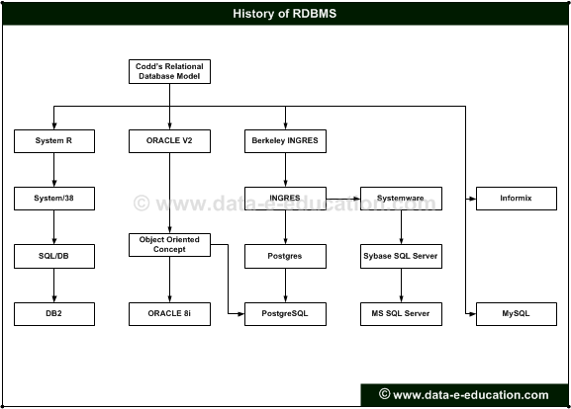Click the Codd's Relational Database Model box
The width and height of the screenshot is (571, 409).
pos(169,71)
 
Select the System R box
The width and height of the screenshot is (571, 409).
pos(54,141)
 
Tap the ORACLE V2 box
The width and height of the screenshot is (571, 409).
pos(169,141)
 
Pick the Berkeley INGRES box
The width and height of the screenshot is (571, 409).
pos(285,141)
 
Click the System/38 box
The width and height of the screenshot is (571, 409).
pos(54,199)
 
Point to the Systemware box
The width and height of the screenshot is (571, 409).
pos(402,199)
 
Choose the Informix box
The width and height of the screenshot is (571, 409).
pos(517,199)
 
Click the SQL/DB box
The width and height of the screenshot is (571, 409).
pos(54,256)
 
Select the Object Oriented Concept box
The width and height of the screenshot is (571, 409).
pos(169,245)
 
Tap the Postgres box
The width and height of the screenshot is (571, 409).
pos(285,256)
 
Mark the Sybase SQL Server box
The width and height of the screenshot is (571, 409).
pos(402,256)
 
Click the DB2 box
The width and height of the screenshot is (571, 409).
pos(54,314)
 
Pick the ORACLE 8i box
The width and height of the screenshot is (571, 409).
pos(169,314)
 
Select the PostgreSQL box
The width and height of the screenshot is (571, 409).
pos(285,314)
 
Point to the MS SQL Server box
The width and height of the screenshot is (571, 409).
pos(402,314)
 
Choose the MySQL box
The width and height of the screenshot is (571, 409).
pos(517,314)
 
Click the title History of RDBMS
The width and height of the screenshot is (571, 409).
pos(285,14)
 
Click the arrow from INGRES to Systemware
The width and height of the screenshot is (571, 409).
pos(343,199)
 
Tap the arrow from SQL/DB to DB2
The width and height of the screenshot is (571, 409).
pos(54,286)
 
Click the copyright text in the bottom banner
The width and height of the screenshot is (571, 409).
pos(463,395)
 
